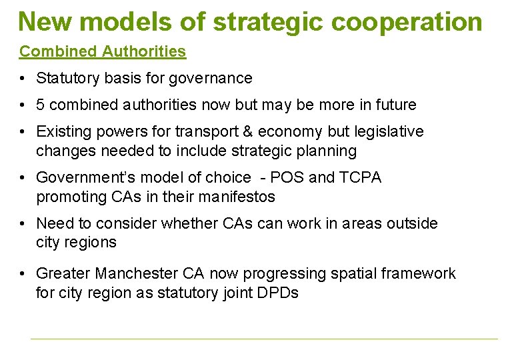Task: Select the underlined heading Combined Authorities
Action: pos(103,51)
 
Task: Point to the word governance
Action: pos(211,79)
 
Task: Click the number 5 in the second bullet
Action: pos(41,105)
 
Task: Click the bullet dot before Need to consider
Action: pos(23,224)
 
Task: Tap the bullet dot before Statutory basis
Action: pos(23,79)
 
